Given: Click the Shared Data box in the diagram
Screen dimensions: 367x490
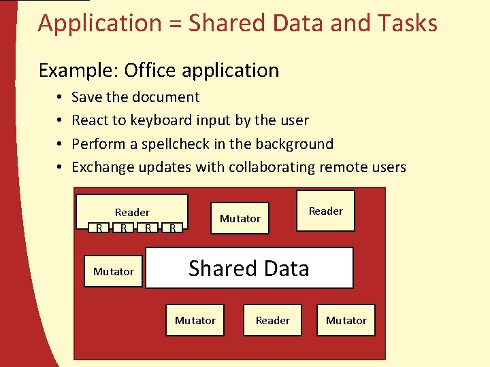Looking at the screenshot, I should (x=249, y=268).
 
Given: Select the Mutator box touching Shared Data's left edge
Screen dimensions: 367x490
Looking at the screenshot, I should (x=114, y=271).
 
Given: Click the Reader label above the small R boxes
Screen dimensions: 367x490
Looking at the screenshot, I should (x=132, y=212).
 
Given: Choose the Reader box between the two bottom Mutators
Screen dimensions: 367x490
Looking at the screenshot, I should (x=272, y=320).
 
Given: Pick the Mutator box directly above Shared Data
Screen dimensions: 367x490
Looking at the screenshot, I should (x=240, y=218).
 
